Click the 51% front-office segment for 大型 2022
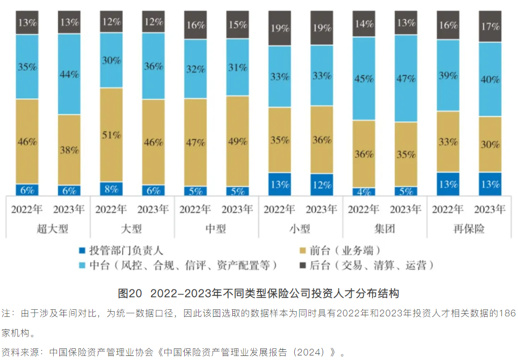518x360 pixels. coord(111,135)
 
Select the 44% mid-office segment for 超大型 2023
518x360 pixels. coord(69,74)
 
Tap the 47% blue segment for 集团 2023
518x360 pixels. coord(406,79)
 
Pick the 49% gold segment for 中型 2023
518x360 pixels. coord(237,141)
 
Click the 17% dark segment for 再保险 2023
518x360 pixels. coord(490,26)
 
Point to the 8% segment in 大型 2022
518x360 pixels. coord(111,189)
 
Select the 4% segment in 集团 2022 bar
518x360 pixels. coord(364,192)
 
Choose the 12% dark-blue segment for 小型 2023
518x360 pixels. coord(322,184)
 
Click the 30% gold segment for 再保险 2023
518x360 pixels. coord(490,144)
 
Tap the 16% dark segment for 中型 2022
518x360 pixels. coord(195,25)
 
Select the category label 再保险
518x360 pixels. coord(469,229)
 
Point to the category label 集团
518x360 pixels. coord(385,229)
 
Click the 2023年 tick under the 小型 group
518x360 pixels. coord(322,209)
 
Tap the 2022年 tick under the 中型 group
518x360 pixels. coord(195,209)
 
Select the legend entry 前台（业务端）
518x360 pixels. coord(344,250)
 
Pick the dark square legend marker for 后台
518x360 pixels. coord(302,265)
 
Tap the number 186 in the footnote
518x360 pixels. coord(507,313)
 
